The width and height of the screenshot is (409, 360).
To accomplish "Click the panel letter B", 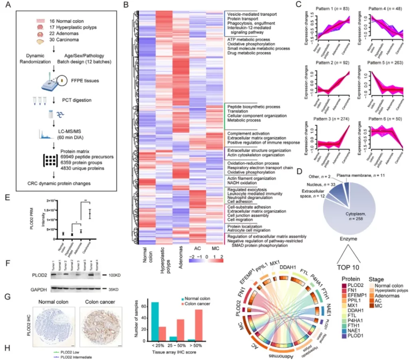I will coord(126,6).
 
